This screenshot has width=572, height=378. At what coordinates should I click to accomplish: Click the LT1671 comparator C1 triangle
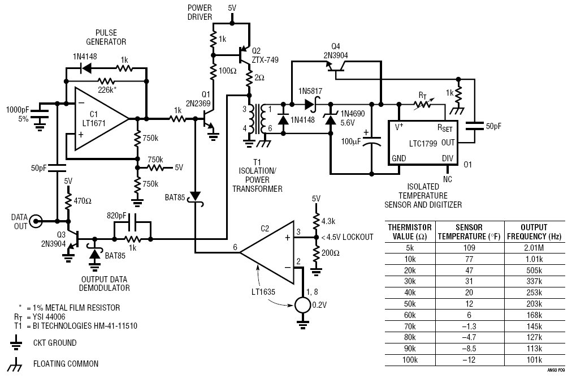[x=98, y=119]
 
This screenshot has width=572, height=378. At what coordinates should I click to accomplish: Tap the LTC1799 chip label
[x=423, y=143]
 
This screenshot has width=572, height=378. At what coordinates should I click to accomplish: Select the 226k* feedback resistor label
[x=107, y=89]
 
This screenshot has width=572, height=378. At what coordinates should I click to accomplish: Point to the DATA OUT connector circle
[x=37, y=221]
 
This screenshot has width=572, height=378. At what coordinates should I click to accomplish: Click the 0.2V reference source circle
[x=302, y=305]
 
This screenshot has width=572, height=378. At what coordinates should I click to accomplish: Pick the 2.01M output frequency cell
[x=534, y=248]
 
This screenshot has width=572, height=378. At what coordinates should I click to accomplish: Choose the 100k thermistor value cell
[x=410, y=360]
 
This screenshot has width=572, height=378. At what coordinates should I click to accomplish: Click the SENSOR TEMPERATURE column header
[x=469, y=231]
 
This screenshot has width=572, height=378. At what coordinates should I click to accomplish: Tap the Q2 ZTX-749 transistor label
[x=265, y=55]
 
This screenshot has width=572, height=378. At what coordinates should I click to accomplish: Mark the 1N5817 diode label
[x=310, y=91]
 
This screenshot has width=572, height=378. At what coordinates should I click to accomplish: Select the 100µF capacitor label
[x=351, y=141]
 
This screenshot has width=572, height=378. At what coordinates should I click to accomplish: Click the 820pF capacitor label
[x=116, y=216]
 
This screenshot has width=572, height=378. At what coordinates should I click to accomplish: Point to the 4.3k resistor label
[x=328, y=221]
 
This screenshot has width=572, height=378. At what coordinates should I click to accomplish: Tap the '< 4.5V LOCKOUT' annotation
[x=347, y=237]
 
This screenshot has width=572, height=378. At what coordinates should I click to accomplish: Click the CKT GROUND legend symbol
[x=16, y=342]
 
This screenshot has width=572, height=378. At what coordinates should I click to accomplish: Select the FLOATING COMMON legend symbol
[x=16, y=364]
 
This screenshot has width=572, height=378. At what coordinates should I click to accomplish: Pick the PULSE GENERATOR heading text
[x=106, y=37]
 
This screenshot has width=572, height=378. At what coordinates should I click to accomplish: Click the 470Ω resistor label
[x=83, y=201]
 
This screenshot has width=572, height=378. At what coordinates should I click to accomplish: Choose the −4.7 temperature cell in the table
[x=469, y=337]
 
